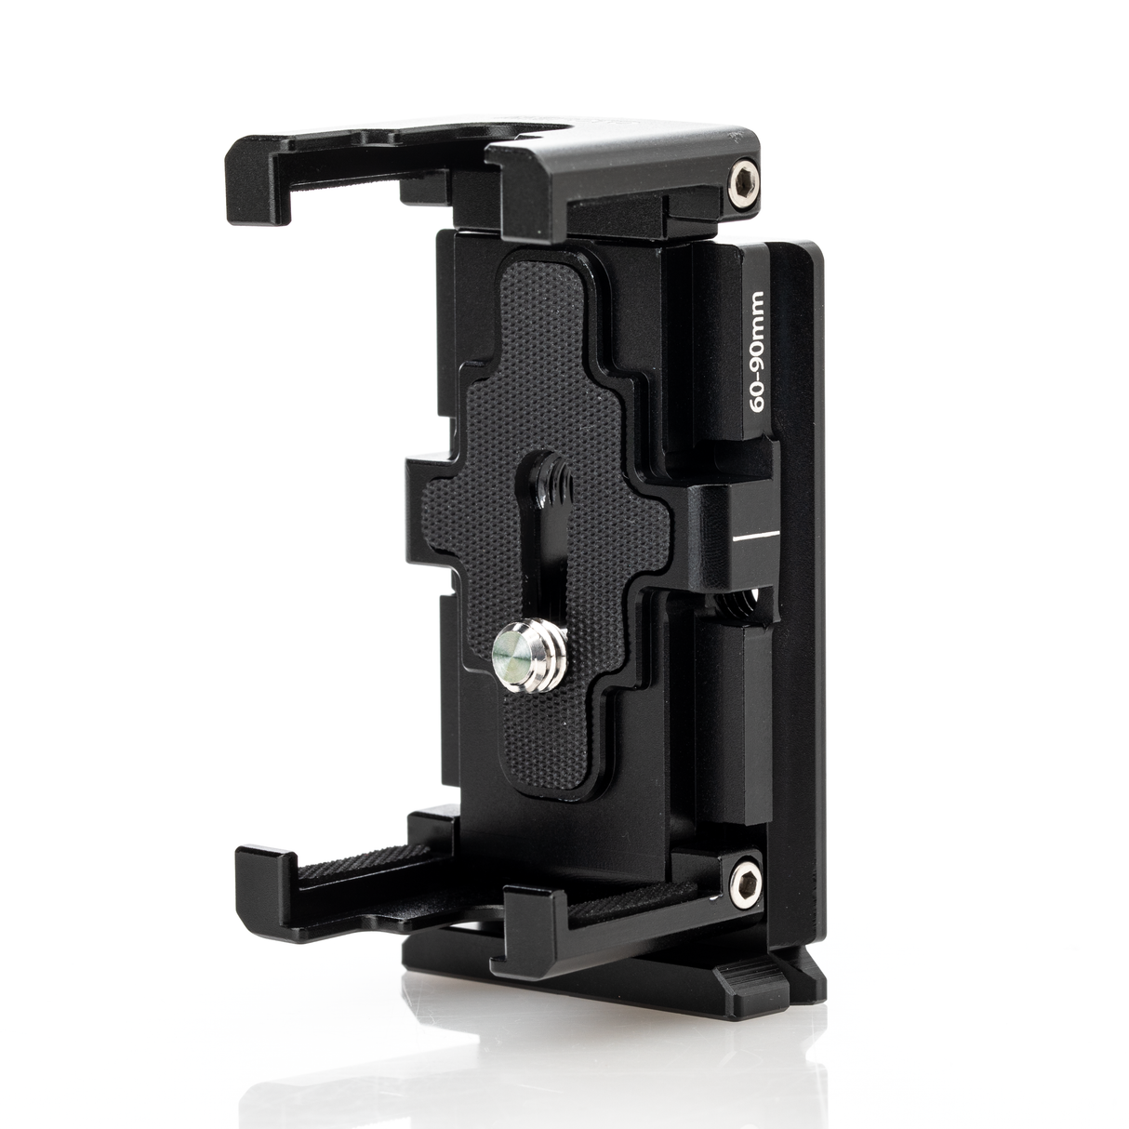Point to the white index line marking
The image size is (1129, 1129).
click(x=754, y=538)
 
